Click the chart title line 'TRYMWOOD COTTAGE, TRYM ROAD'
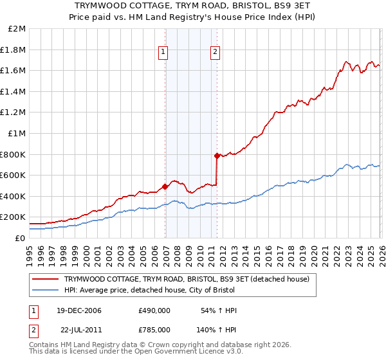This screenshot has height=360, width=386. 193,5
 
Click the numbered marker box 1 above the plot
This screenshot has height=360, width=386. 163,53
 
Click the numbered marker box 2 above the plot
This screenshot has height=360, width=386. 215,53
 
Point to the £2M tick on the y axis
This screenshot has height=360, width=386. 17,29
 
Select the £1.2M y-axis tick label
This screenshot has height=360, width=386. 14,113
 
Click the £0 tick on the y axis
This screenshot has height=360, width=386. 21,238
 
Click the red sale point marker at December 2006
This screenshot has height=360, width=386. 165,186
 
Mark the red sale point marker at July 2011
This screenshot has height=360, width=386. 217,156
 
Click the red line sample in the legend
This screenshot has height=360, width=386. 45,279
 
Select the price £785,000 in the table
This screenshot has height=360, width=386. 154,328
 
